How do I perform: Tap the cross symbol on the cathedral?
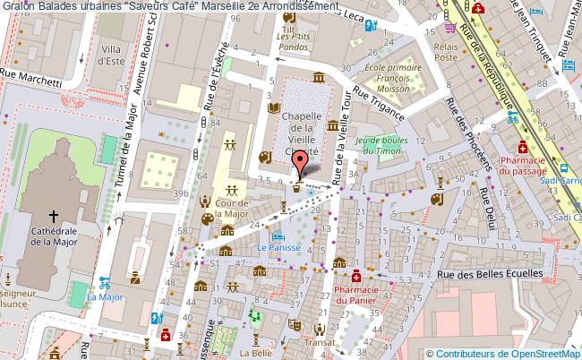point(54,216)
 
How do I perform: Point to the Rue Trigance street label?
point(380,105)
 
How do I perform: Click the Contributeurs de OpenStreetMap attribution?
point(506,353)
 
